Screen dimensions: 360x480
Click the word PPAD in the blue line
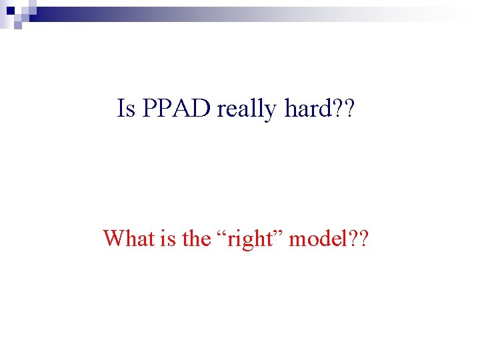(175, 109)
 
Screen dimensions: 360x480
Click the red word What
(131, 238)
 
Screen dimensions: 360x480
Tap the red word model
(317, 238)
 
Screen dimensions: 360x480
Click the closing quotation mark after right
(283, 233)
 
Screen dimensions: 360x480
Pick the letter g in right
(249, 241)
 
